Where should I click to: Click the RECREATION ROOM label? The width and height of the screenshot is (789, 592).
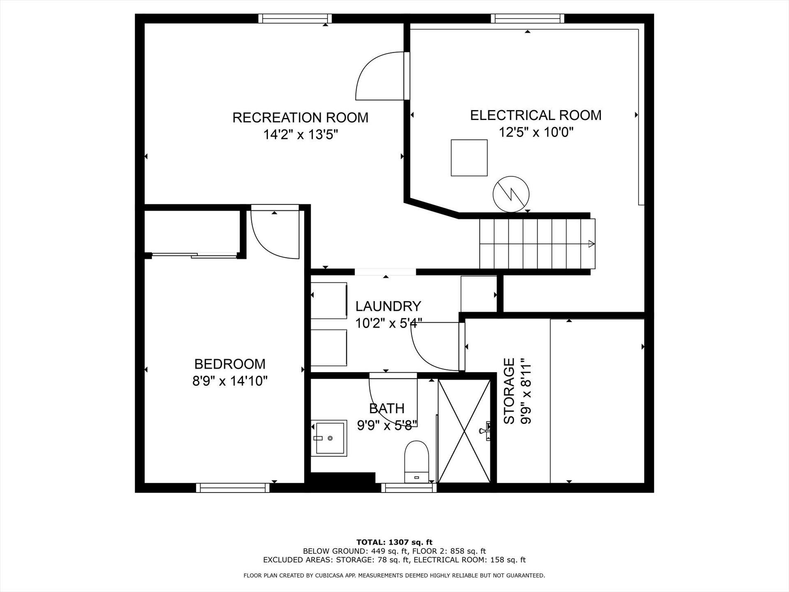[x=300, y=118]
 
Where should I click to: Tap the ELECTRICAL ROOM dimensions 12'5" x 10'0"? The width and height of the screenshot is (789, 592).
[x=536, y=132]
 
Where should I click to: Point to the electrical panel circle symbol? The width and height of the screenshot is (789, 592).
[x=511, y=194]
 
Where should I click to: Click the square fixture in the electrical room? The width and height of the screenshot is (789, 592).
[x=469, y=158]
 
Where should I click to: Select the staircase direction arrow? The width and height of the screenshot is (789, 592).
[x=591, y=244]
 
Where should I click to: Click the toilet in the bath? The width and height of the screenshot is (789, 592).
[x=417, y=462]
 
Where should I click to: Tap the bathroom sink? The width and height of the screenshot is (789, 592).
[x=329, y=438]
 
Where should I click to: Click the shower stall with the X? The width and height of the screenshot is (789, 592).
[x=464, y=431]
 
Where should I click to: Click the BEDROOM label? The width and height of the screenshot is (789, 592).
[x=230, y=364]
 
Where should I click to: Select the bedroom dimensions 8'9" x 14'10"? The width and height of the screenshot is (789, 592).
[x=230, y=381]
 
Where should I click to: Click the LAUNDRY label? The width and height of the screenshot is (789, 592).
[x=388, y=306]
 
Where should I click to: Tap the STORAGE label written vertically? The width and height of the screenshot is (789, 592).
[x=509, y=391]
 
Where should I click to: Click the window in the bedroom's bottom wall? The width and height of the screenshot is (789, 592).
[x=233, y=488]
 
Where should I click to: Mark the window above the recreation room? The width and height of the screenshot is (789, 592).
[x=295, y=18]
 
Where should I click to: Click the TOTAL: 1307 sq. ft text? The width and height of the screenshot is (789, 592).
[x=394, y=542]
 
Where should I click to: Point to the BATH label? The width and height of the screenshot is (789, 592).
[x=387, y=408]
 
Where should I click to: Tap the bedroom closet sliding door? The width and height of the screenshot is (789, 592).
[x=194, y=255]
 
